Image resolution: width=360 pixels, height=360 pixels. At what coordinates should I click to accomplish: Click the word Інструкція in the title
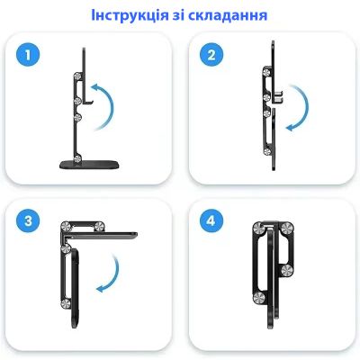point(133,16)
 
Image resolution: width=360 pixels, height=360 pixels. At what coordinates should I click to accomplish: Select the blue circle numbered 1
point(31,58)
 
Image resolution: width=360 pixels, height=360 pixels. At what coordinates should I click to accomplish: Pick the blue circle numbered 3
point(31,221)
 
